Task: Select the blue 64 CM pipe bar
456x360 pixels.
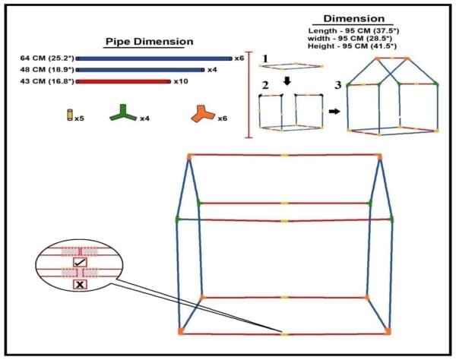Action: click(154, 58)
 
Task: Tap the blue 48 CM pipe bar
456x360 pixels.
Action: click(140, 70)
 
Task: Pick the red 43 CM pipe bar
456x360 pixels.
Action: click(123, 81)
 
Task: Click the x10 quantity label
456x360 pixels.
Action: click(180, 81)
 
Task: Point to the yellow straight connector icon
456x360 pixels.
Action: click(68, 116)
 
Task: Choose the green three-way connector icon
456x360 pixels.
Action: click(122, 115)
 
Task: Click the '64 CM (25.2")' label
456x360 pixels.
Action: click(46, 58)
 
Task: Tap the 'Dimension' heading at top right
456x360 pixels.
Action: click(353, 18)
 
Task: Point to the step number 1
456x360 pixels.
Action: click(264, 58)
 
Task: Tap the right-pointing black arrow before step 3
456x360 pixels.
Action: click(334, 111)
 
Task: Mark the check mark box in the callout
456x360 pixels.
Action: click(80, 261)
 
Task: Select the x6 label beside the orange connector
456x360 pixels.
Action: click(223, 118)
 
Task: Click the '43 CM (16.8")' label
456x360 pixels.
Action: click(46, 81)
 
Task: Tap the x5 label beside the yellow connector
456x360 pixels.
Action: click(80, 118)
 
